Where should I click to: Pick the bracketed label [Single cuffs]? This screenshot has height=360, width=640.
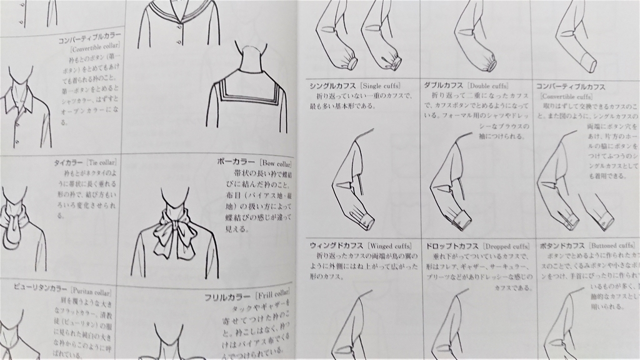(x=379, y=85)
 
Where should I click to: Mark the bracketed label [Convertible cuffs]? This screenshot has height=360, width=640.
(x=566, y=97)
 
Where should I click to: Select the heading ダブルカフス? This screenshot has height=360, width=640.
(x=442, y=85)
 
